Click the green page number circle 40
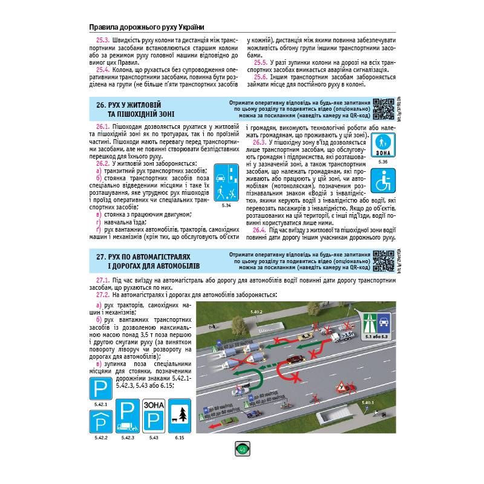point(243,449)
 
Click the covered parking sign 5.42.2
point(100,422)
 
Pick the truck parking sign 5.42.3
point(128,416)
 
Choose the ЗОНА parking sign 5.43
point(153,416)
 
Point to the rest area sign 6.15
point(180,416)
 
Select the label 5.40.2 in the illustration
point(257,312)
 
